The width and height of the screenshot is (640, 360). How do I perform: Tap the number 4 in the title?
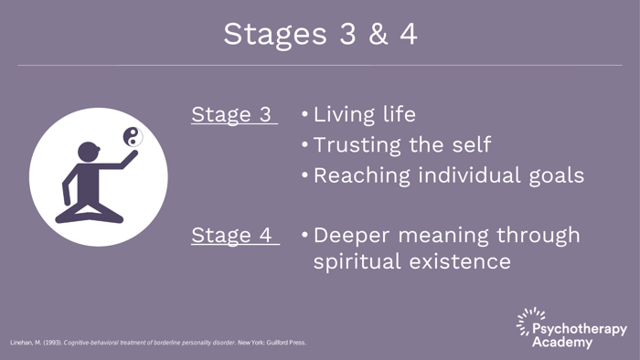(405, 34)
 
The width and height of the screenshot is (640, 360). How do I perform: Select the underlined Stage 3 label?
(232, 115)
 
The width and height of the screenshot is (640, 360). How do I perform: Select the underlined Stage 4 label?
(232, 235)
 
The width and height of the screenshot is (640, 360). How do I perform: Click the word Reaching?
(359, 175)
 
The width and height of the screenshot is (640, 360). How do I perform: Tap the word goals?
(552, 175)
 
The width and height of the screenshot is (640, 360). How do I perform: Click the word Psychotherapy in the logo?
(580, 329)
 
